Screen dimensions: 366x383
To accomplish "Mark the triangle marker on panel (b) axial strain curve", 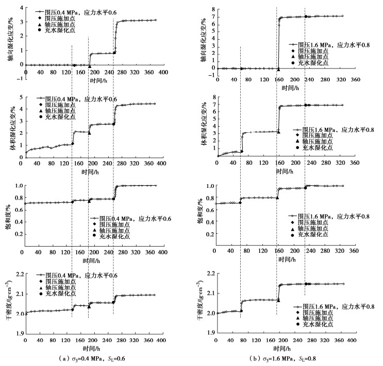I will tap(278, 68).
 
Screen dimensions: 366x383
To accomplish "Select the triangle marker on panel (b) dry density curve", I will tap(278, 299).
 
